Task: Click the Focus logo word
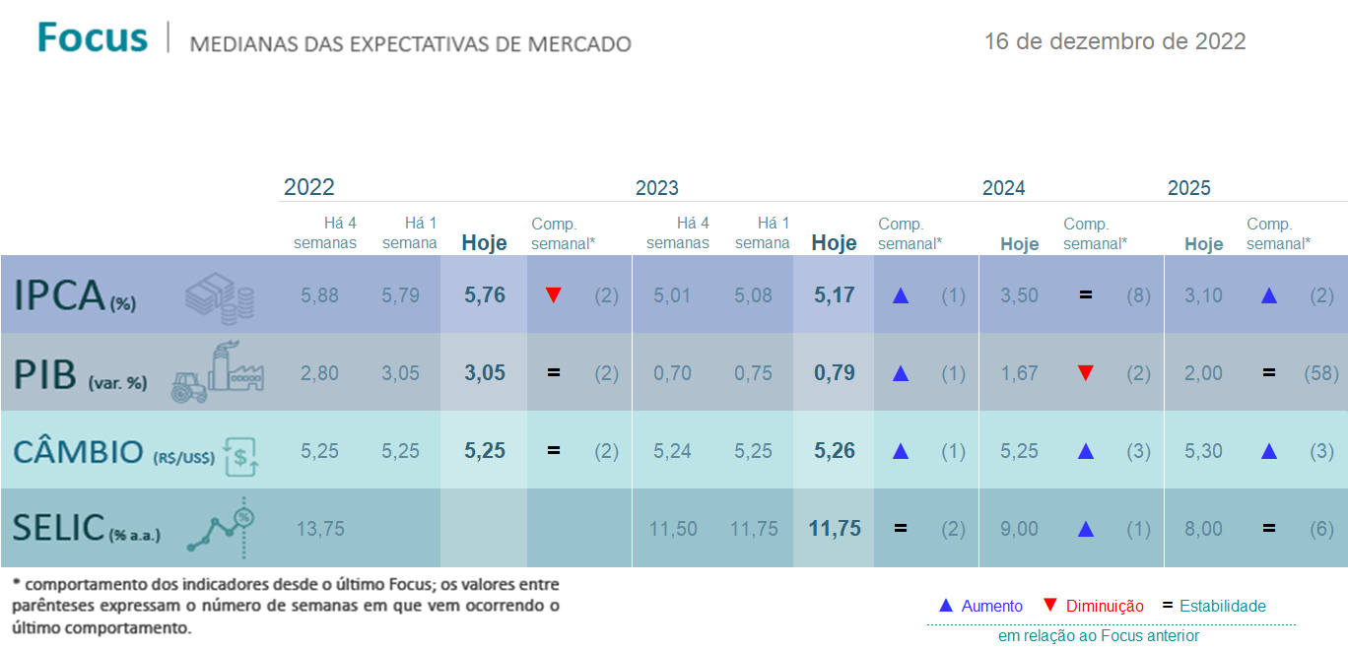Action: click(x=92, y=37)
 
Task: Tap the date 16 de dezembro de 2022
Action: click(x=1114, y=41)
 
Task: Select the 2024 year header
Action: click(x=1003, y=188)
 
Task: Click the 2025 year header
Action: click(x=1188, y=188)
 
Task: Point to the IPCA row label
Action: click(x=75, y=295)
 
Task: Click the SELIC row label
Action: click(x=87, y=529)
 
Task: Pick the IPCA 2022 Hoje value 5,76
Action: click(x=485, y=295)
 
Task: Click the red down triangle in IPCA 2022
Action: click(x=554, y=295)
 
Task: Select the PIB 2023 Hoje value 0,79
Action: click(x=834, y=373)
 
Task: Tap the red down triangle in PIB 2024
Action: click(x=1086, y=373)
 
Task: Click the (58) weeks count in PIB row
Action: click(x=1321, y=373)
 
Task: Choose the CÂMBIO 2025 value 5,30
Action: click(x=1203, y=451)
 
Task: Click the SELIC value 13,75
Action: click(x=320, y=529)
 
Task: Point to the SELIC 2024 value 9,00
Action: click(x=1020, y=529)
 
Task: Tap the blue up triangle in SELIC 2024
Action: click(x=1086, y=529)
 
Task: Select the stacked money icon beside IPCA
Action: click(x=220, y=298)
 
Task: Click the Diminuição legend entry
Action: click(x=1093, y=606)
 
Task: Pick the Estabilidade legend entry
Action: click(x=1214, y=606)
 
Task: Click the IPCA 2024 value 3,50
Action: click(x=1020, y=295)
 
